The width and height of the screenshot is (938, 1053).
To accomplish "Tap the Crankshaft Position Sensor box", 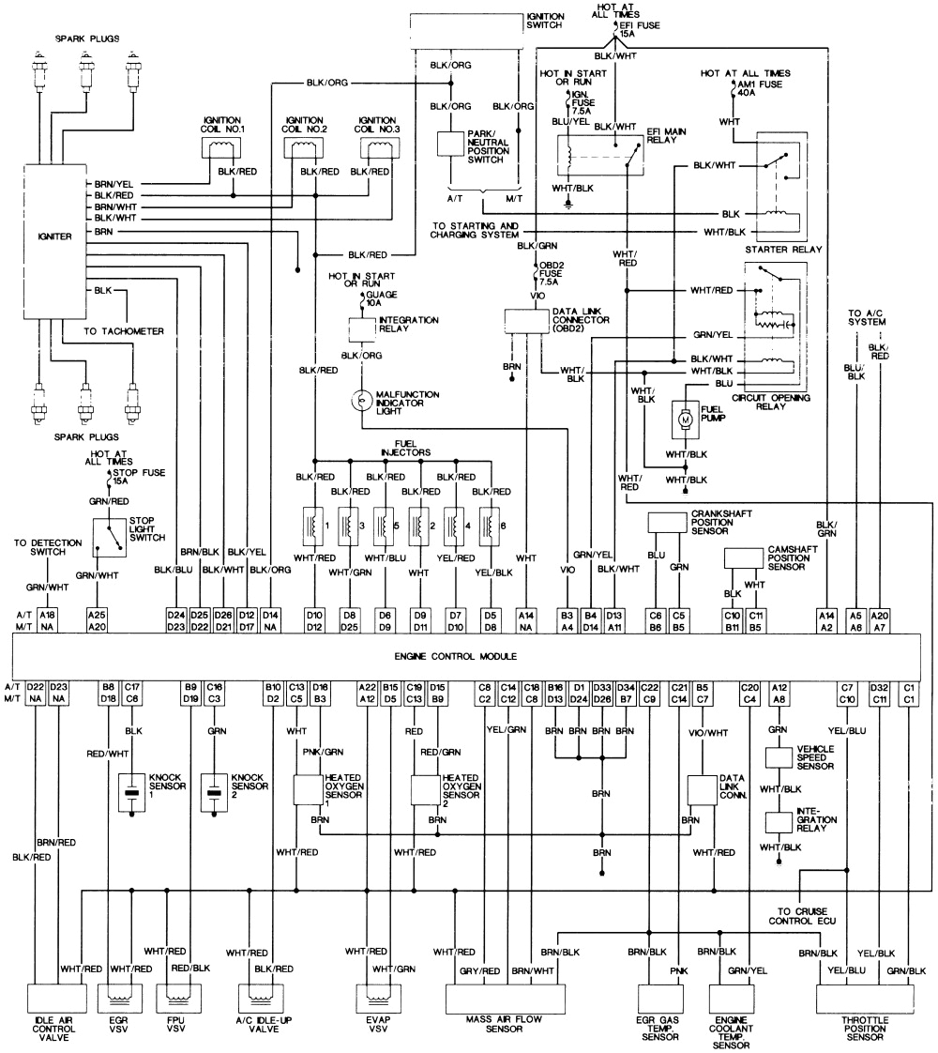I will coord(668,521).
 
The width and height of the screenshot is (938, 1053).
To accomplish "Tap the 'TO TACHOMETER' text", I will coord(123,331).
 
